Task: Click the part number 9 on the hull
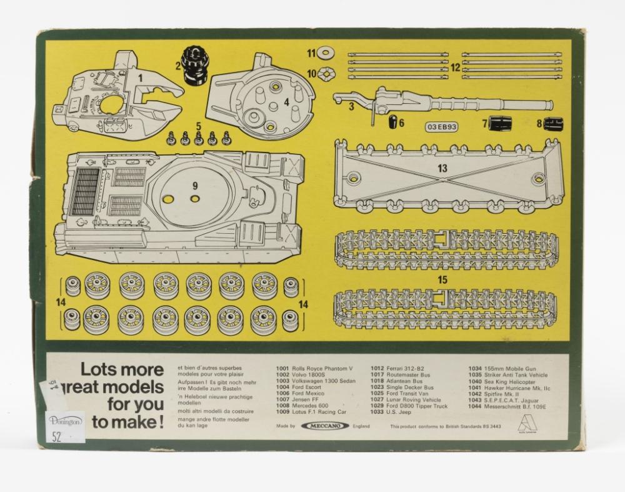coord(194,186)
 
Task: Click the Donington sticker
coord(64,422)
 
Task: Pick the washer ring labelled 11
coord(325,54)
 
